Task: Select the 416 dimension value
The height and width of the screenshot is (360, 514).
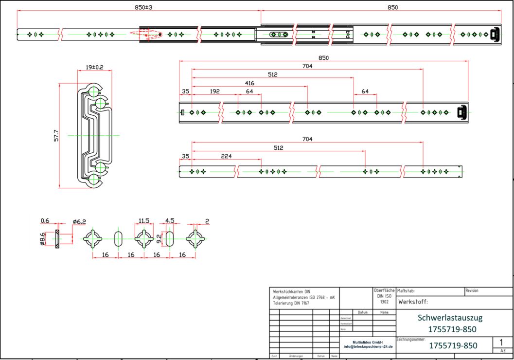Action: [249, 83]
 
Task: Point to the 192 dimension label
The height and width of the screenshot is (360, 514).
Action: [214, 91]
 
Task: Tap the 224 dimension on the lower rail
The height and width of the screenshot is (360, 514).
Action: [226, 156]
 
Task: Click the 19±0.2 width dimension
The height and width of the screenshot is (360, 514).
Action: [94, 67]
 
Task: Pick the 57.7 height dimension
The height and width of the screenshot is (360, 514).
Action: [56, 135]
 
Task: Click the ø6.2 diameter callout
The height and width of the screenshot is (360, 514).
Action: [79, 222]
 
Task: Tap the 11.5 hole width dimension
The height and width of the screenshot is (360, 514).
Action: [144, 221]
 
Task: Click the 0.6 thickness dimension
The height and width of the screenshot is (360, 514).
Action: [45, 221]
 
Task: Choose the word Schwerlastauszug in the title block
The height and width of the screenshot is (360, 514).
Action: [450, 318]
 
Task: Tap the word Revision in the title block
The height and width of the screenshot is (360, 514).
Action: [472, 290]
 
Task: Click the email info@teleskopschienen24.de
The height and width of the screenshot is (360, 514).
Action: [368, 346]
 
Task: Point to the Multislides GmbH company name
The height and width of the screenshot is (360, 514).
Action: [368, 342]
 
